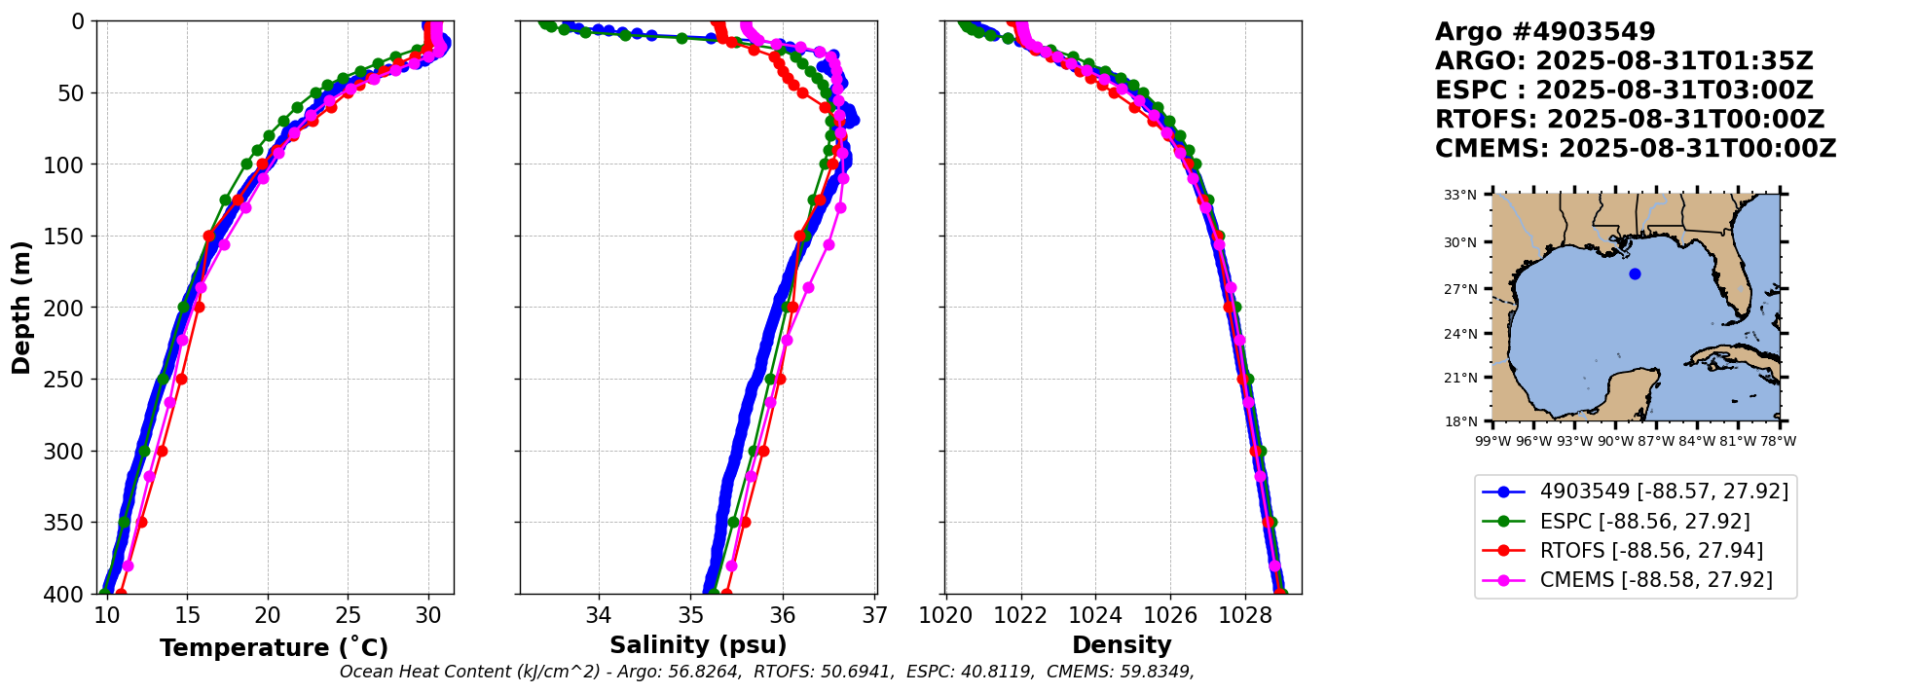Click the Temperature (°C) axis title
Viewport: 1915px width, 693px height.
tap(274, 648)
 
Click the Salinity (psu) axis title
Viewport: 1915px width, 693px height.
tap(698, 645)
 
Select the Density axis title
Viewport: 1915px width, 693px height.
tap(1122, 645)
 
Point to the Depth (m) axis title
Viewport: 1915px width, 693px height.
tap(21, 308)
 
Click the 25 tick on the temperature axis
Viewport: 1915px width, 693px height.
tap(349, 616)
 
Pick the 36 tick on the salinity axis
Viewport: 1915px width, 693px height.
tap(783, 616)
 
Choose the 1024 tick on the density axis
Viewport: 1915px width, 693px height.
tap(1095, 616)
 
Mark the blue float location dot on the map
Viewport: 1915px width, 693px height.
tap(1635, 274)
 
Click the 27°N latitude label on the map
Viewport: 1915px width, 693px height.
tap(1460, 289)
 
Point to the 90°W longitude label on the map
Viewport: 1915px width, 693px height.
tap(1615, 441)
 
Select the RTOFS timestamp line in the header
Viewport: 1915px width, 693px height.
tap(1629, 120)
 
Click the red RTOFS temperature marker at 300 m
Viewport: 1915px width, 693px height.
tap(162, 451)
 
